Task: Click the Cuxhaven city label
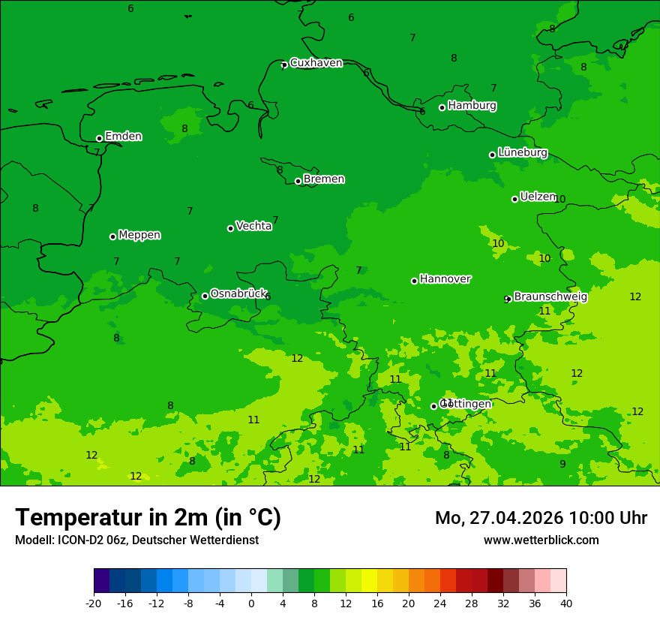[316, 63]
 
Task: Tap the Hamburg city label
[472, 106]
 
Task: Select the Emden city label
[123, 137]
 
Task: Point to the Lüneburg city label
[522, 152]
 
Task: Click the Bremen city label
[323, 179]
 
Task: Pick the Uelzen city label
[538, 197]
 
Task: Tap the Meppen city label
[139, 235]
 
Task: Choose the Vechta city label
[253, 226]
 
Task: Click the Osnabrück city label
[238, 293]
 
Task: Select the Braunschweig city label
[550, 296]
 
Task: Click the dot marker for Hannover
[414, 281]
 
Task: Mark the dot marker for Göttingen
[433, 406]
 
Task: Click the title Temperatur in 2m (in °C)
[148, 518]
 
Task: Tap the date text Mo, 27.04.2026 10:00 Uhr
[541, 518]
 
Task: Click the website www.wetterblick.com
[541, 540]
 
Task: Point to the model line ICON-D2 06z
[136, 540]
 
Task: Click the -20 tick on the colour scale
[94, 603]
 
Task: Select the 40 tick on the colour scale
[566, 603]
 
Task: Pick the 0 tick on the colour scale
[251, 603]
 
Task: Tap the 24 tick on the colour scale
[440, 603]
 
